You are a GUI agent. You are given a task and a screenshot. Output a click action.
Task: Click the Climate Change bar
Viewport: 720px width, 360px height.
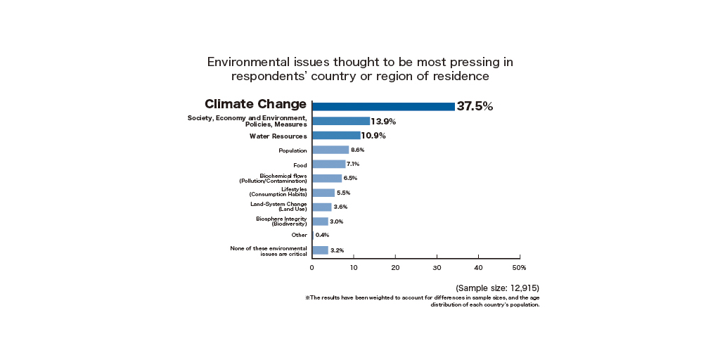tap(383, 107)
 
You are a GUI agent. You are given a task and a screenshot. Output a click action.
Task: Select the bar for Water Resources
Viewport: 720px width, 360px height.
tap(336, 136)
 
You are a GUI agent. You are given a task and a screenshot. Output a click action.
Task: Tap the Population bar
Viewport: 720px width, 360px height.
tap(330, 150)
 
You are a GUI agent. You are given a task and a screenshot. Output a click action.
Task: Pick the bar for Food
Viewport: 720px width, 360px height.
tap(328, 164)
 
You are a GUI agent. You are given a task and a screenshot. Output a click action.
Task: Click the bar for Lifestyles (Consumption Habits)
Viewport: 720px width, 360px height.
tap(323, 193)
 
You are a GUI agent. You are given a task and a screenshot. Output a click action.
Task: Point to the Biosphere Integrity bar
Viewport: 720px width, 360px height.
tap(320, 221)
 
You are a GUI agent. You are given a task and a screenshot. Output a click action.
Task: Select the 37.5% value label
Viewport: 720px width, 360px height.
tap(475, 107)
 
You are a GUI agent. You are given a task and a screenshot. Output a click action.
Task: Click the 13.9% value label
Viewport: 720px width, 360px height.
tap(383, 122)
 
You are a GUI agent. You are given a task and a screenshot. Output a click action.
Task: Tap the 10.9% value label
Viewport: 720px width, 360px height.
tap(373, 136)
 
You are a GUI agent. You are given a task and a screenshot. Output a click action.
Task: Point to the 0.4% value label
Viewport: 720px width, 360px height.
tap(322, 236)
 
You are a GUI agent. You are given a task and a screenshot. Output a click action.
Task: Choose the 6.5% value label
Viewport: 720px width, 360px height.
tap(350, 179)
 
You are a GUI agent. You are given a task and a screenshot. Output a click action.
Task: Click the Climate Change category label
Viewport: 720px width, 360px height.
tap(255, 104)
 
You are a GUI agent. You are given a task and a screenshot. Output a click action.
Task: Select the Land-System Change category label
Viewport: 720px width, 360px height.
tap(278, 206)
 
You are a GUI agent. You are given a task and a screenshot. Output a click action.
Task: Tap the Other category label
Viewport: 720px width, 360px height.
tap(299, 236)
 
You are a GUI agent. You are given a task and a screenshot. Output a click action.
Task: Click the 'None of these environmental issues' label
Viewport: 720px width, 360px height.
tap(269, 251)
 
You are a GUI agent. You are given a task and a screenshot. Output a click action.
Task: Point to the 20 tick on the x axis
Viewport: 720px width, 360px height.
tap(395, 267)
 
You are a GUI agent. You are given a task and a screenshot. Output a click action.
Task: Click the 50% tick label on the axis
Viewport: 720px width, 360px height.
tap(519, 267)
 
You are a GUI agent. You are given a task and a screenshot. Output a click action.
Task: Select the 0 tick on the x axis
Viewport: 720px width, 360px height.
tap(312, 267)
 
